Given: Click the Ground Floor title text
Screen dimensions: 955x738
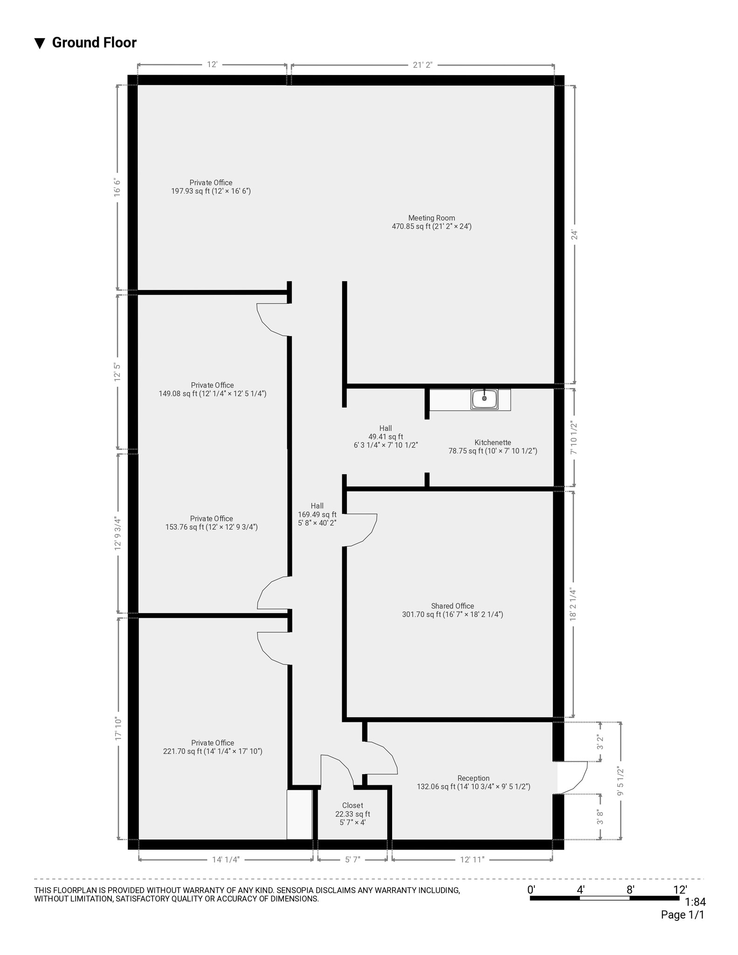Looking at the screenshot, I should coord(94,42).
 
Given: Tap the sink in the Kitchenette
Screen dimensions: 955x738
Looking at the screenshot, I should coord(484,399).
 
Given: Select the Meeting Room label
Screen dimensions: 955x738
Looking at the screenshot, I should coord(431,222).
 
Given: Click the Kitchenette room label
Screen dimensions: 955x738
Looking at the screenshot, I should coord(492,447).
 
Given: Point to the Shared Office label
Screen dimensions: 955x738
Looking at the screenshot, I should coord(452,610).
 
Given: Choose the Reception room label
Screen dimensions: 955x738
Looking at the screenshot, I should coord(473,782).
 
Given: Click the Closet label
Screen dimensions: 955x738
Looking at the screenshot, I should coord(352,813).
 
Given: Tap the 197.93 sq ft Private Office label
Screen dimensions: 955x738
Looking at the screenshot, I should coord(211,187).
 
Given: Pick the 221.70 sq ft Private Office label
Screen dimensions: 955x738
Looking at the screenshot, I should coord(213,747).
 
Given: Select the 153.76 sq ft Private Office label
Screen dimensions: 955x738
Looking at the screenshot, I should coord(211,523).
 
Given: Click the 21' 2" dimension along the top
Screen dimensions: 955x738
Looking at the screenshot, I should coord(422,65).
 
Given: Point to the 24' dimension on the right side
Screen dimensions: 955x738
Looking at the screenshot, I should coord(574,235).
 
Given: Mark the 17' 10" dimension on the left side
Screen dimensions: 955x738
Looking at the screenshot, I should coord(118,728).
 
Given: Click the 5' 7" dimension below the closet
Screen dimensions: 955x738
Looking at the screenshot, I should coord(352,859).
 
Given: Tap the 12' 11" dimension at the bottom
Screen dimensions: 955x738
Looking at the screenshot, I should coord(472,859).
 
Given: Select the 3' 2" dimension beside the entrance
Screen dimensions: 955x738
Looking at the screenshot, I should coord(600,741).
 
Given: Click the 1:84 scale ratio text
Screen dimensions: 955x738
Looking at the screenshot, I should coord(695,902).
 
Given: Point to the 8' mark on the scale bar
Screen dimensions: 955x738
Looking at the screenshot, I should coord(630,890).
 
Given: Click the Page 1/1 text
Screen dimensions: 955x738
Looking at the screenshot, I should coord(683,915).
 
